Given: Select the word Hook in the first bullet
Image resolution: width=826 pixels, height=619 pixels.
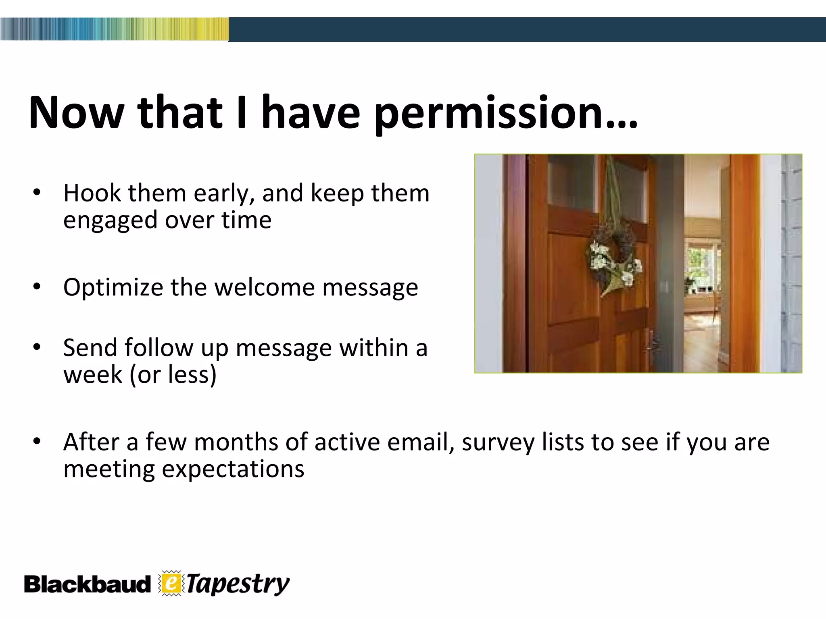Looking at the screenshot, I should [92, 193].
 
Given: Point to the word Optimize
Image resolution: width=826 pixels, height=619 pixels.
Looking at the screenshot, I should [113, 288].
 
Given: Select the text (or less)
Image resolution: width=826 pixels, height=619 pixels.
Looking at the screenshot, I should [173, 375].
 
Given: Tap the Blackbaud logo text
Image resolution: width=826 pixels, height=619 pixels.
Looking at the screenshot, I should [87, 585].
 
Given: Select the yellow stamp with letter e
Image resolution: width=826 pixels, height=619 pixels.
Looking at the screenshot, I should [171, 583].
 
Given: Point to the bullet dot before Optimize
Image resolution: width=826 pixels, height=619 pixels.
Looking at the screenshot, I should [37, 287].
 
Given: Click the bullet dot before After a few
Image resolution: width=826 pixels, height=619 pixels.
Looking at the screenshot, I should [37, 441].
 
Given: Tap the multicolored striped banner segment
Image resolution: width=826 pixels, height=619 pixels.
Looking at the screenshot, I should [114, 29].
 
